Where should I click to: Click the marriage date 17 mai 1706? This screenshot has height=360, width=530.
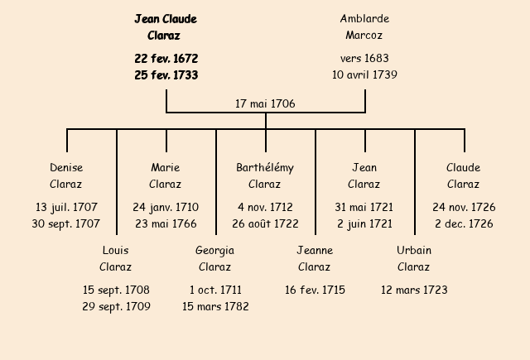point(265,104)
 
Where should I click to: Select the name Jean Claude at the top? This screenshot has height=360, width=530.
point(166,19)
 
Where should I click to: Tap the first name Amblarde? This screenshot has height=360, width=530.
point(364,19)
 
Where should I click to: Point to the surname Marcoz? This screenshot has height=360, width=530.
point(364,36)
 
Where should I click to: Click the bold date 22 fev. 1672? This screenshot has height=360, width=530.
point(166,59)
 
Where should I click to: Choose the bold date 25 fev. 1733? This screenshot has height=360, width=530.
point(166,75)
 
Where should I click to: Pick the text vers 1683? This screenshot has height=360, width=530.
point(364,59)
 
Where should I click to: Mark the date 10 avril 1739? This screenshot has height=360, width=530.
point(364,75)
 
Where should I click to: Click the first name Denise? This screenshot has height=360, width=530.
point(66,168)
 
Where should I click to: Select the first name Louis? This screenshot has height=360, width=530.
point(116,251)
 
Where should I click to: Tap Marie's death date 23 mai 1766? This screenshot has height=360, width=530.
point(166,223)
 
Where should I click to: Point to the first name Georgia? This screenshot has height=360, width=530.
point(215,251)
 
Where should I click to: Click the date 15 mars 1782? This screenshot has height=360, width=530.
point(215,306)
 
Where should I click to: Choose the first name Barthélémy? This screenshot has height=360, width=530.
point(265,168)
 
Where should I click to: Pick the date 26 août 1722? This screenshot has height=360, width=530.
point(265,223)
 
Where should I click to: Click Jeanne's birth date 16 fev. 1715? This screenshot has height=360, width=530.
point(315,290)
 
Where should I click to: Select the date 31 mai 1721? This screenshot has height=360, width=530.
point(364,207)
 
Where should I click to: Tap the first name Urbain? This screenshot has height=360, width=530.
point(414,251)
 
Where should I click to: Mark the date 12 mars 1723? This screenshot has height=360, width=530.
point(414,290)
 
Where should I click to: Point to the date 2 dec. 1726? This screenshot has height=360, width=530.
point(464,223)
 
